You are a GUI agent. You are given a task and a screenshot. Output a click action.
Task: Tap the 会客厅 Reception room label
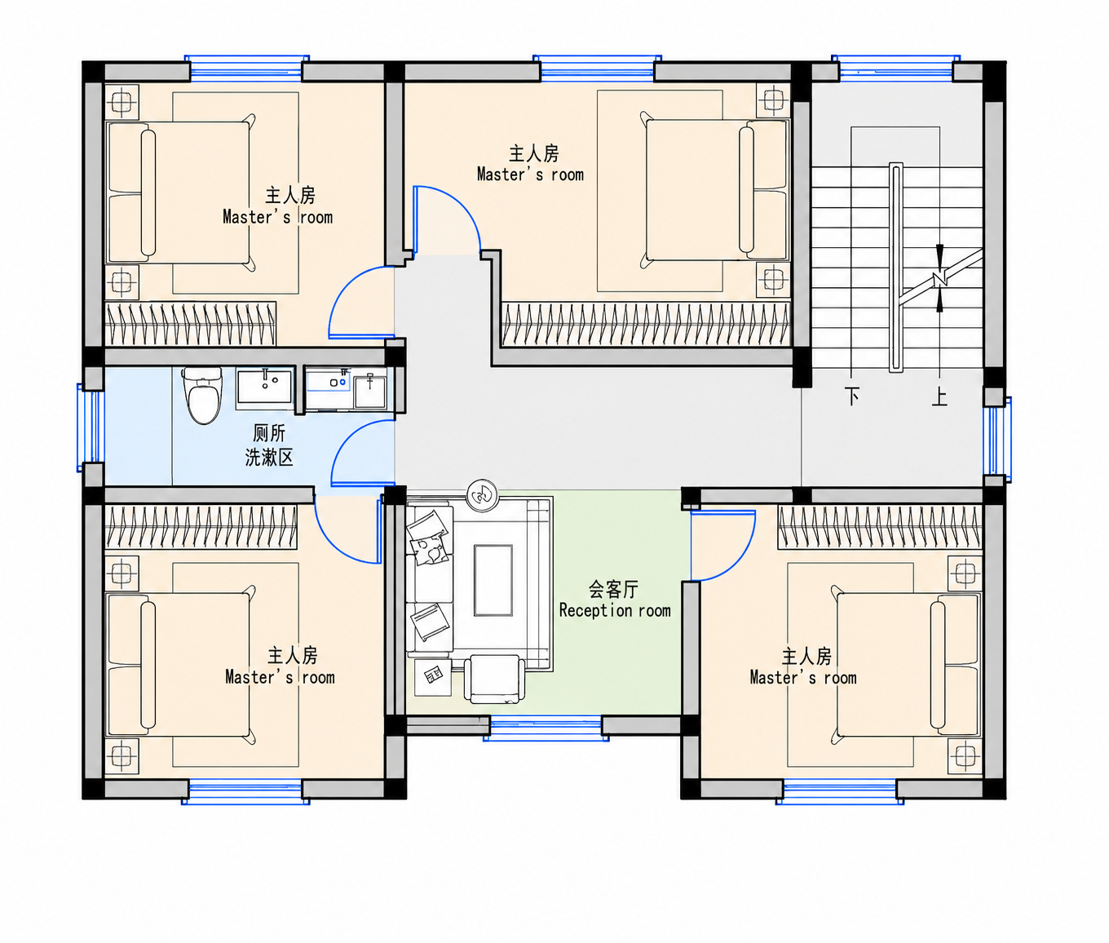coord(614,600)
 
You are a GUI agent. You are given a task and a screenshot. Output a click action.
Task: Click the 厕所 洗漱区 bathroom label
coord(269,445)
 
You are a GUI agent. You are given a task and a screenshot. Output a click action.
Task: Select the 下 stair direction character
coord(852,396)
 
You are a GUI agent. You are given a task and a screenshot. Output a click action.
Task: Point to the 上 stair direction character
coord(939,396)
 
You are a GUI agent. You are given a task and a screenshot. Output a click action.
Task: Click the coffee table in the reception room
coord(493,580)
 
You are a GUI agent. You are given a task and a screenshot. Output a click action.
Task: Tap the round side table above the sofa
coord(483,494)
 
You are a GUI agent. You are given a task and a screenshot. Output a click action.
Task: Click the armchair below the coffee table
coord(494,679)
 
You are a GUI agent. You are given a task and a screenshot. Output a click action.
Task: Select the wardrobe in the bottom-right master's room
coord(880,527)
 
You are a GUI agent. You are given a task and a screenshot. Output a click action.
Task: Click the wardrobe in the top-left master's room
coord(190,324)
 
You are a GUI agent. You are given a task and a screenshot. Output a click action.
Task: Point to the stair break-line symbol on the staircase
coord(939,278)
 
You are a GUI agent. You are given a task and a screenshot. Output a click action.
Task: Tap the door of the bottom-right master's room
coord(722,545)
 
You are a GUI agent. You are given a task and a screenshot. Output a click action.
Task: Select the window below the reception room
coord(546,728)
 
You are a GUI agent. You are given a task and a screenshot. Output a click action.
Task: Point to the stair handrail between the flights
coord(896,268)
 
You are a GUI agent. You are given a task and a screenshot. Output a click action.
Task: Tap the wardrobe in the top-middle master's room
coord(646,324)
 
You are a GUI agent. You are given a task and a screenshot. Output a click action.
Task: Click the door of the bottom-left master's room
coord(349,529)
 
